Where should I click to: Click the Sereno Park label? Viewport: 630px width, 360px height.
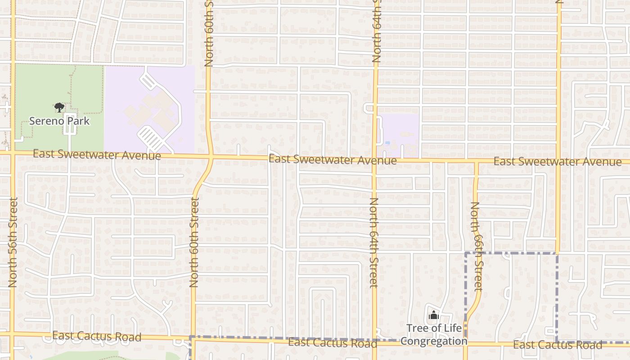pyautogui.click(x=59, y=121)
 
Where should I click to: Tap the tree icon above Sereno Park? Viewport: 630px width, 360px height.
pyautogui.click(x=59, y=108)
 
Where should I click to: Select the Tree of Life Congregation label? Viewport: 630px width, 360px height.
pyautogui.click(x=434, y=334)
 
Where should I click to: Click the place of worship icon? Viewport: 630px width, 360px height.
pyautogui.click(x=434, y=315)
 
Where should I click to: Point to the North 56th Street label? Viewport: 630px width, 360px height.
pyautogui.click(x=13, y=242)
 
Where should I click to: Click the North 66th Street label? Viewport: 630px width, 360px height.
pyautogui.click(x=476, y=246)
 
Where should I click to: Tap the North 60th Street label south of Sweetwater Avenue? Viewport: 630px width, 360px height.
pyautogui.click(x=194, y=242)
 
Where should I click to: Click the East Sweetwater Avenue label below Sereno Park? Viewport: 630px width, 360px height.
pyautogui.click(x=97, y=154)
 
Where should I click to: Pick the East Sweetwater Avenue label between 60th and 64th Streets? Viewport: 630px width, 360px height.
pyautogui.click(x=333, y=159)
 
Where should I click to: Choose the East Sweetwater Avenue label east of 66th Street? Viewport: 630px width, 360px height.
pyautogui.click(x=557, y=162)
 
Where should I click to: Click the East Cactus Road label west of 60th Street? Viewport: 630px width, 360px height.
pyautogui.click(x=97, y=336)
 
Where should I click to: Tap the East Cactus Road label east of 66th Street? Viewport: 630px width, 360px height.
pyautogui.click(x=557, y=345)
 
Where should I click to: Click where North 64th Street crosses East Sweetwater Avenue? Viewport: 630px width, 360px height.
pyautogui.click(x=374, y=160)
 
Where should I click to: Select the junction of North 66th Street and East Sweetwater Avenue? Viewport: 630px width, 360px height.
pyautogui.click(x=476, y=161)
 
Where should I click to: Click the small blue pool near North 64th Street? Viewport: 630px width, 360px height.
pyautogui.click(x=387, y=143)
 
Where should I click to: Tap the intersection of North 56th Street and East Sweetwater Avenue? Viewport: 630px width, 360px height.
pyautogui.click(x=13, y=153)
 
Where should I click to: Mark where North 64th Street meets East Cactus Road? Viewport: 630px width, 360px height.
pyautogui.click(x=374, y=341)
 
